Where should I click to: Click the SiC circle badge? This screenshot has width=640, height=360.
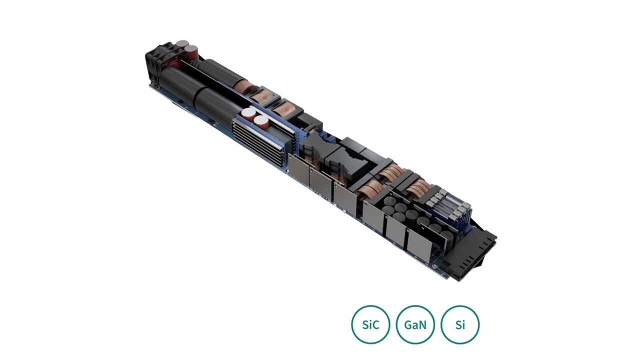pyautogui.click(x=370, y=324)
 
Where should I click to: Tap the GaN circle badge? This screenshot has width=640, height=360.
pyautogui.click(x=415, y=324)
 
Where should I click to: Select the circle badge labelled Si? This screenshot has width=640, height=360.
pyautogui.click(x=460, y=324)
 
